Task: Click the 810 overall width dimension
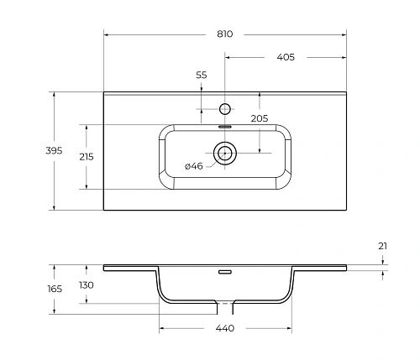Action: point(223,34)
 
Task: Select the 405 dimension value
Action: point(285,58)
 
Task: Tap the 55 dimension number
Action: point(202,76)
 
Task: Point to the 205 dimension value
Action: point(260,118)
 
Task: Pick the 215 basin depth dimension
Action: point(85,157)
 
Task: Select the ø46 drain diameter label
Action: point(194,166)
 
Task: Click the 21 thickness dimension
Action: point(384,245)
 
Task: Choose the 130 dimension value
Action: point(86,285)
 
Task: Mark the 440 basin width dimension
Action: point(223,328)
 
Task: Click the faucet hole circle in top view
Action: point(224,108)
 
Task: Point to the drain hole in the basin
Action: point(224,153)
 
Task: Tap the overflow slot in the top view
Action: point(224,127)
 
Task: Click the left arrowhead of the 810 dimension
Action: point(106,34)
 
